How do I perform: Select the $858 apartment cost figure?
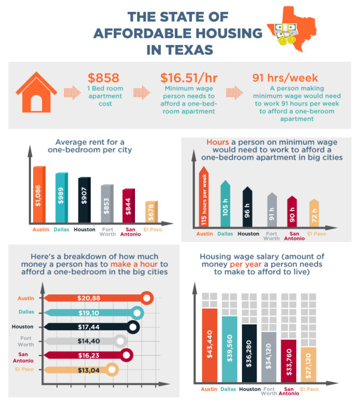click(103, 78)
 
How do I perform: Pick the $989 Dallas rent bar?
click(61, 199)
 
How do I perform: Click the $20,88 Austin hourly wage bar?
click(93, 298)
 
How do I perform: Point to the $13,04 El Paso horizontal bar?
click(78, 370)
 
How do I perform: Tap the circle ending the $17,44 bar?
click(133, 327)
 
